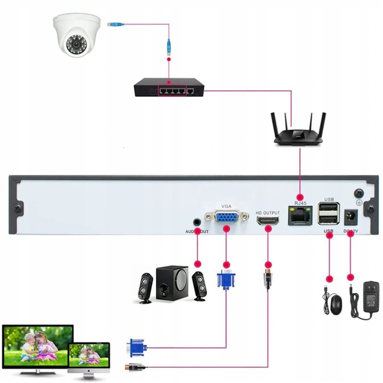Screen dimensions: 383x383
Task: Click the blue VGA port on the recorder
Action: coord(226,217)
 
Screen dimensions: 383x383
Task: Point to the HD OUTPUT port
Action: coord(268,220)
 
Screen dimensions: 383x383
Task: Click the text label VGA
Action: coord(226,206)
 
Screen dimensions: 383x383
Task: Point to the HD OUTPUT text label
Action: coord(268,212)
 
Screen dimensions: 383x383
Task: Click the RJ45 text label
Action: coord(300,203)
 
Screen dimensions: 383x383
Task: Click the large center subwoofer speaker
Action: coord(172,283)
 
